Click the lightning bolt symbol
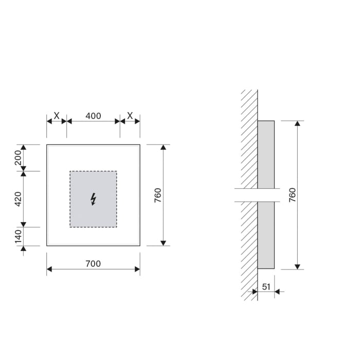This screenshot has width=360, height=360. click(x=93, y=199)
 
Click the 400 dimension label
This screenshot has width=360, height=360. click(x=93, y=116)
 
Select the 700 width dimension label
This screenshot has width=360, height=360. click(x=93, y=264)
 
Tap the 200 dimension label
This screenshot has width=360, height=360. click(x=18, y=158)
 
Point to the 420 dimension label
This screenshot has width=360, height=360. click(x=18, y=199)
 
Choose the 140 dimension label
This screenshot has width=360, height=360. click(x=18, y=237)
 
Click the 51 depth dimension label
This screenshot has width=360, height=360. click(x=266, y=286)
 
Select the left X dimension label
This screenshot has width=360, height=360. click(x=57, y=116)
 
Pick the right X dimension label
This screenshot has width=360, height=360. click(x=130, y=116)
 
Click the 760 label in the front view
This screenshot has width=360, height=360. click(x=158, y=195)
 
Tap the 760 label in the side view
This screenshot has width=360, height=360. click(x=292, y=195)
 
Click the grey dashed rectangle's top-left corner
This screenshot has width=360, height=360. click(x=70, y=171)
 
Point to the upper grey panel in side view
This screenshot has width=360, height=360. click(x=266, y=154)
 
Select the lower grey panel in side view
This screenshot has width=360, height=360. click(x=266, y=235)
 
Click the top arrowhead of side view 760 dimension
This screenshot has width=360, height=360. click(x=297, y=124)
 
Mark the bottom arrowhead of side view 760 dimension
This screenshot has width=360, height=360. click(x=297, y=266)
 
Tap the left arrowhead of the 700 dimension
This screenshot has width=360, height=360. click(x=49, y=268)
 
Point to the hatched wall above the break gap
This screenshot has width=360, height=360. click(x=249, y=139)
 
